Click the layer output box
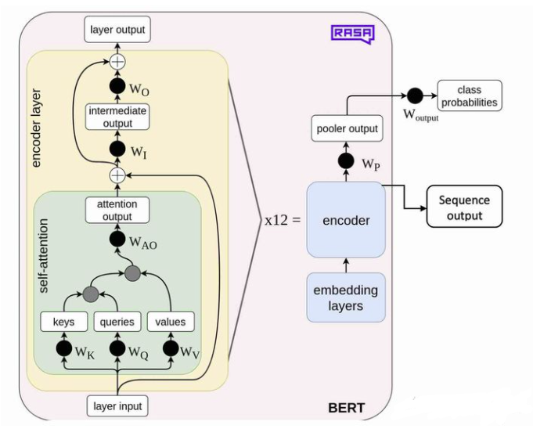pos(117,31)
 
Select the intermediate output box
pos(117,117)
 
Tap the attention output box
pos(117,211)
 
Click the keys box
pos(64,321)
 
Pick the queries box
pos(118,321)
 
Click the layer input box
pos(117,406)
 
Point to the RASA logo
pos(352,33)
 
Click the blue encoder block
pos(346,220)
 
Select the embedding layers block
pos(346,298)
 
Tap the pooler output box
pos(347,128)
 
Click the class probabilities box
pos(469,95)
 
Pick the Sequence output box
pos(464,207)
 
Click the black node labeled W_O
pos(117,85)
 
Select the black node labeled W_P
pos(346,162)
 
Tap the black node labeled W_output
pos(415,95)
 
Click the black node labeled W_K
pos(64,348)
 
